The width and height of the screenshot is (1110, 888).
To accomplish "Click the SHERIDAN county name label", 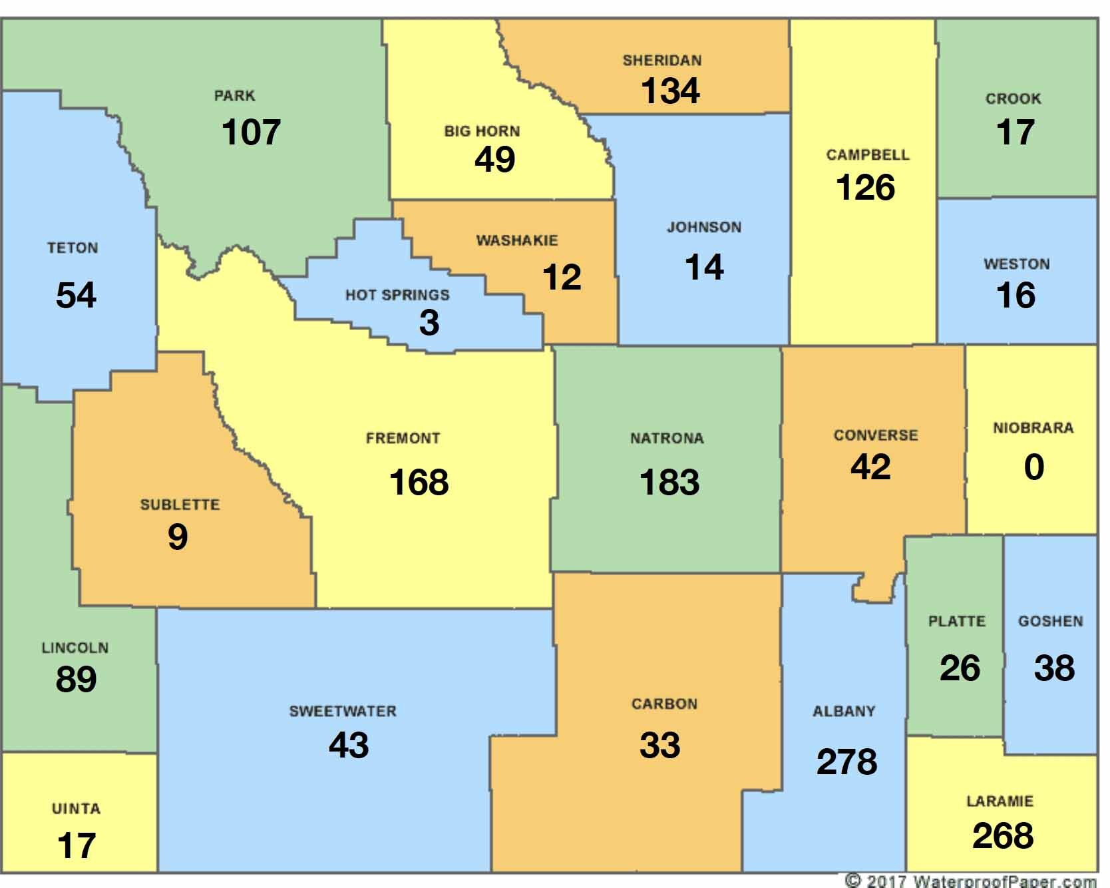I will click(x=662, y=61).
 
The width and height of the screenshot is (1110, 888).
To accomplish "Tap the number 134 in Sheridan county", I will click(x=669, y=91).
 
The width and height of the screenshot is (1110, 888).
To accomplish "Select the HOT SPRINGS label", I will click(x=397, y=295).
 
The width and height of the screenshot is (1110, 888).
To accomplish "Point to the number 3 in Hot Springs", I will click(x=429, y=323).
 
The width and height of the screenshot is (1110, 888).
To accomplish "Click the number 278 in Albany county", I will click(x=846, y=762).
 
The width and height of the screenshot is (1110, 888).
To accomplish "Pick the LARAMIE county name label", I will click(x=1000, y=801).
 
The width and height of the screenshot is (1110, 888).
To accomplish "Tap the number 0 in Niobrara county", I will click(x=1033, y=467).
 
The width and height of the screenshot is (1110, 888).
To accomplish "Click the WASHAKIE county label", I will click(x=517, y=240).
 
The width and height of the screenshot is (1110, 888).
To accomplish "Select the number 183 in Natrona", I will click(x=669, y=483).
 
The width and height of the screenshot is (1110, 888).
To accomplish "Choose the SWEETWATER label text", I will click(x=343, y=712).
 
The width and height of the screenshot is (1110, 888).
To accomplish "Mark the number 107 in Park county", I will click(x=251, y=132).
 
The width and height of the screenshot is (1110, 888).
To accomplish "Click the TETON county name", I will click(x=73, y=248).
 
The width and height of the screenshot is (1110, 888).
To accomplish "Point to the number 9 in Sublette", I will click(x=178, y=537).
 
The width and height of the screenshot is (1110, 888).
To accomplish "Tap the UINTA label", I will click(x=76, y=809).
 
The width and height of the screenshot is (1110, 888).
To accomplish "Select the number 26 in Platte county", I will click(x=960, y=668).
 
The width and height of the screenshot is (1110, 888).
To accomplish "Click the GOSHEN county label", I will click(x=1050, y=622).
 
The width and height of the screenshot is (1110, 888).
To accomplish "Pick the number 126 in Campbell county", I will click(x=865, y=188).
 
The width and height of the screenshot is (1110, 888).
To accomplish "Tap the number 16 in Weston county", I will click(x=1016, y=296).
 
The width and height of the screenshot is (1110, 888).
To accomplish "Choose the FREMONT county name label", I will click(x=403, y=439).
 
